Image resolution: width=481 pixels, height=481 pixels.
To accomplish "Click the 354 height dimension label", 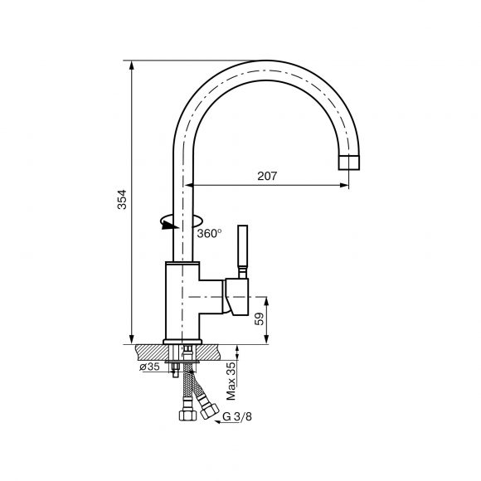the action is [x=122, y=199].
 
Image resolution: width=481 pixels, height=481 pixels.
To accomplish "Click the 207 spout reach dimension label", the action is [x=267, y=176].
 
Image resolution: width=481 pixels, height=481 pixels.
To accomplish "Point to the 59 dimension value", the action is [x=260, y=318].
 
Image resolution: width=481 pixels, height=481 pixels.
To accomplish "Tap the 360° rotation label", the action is [x=209, y=233].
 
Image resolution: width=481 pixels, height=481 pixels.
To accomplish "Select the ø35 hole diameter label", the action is [x=150, y=367].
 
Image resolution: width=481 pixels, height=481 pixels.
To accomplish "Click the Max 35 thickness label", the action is [x=231, y=381].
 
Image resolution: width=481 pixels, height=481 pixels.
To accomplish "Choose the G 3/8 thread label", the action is [x=237, y=416].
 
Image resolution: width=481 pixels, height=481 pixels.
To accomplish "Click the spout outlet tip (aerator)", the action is [x=349, y=163].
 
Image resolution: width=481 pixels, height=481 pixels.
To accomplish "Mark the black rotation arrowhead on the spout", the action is [x=170, y=226].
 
